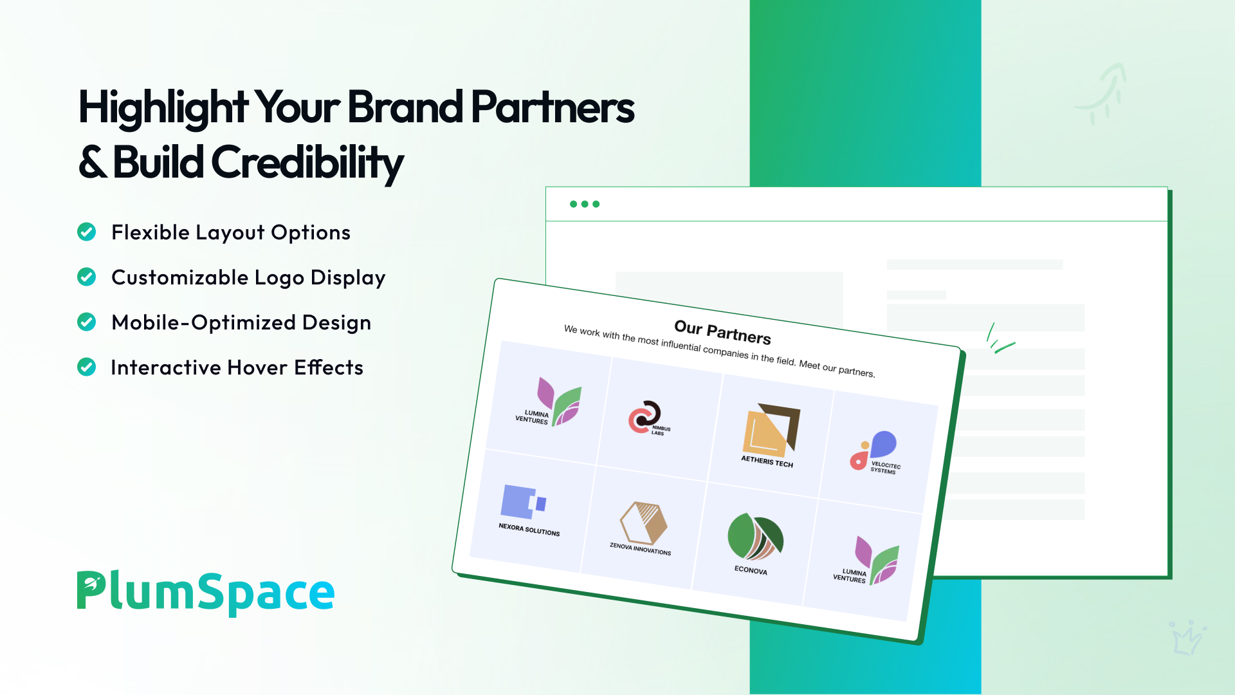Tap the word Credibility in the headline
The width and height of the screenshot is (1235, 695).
click(307, 163)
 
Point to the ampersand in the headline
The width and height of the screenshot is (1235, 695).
click(93, 162)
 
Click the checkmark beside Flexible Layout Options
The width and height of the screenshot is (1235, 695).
click(86, 232)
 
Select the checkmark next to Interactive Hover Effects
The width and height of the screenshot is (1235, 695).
click(86, 367)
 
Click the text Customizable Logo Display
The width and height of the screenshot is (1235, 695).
click(248, 278)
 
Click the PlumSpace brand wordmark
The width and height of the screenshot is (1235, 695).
click(206, 592)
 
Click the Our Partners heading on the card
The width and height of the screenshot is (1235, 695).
click(722, 332)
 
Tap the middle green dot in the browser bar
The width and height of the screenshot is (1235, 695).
click(585, 204)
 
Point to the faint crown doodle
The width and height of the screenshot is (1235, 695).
click(1187, 638)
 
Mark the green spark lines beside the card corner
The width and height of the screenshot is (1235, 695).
click(999, 338)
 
